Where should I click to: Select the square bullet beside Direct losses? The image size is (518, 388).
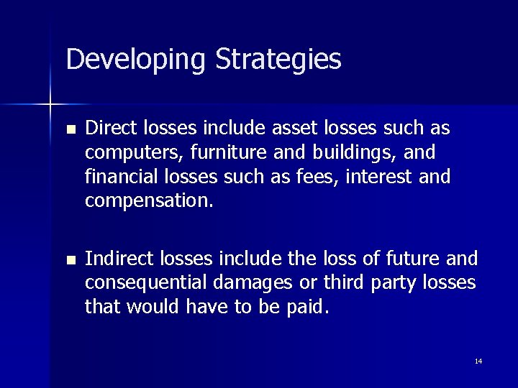[69, 130]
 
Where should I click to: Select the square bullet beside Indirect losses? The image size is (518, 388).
[69, 259]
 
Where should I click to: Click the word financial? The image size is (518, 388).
[117, 177]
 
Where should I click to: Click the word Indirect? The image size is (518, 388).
[112, 258]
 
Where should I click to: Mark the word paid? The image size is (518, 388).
[309, 307]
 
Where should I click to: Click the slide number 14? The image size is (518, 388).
[478, 361]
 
